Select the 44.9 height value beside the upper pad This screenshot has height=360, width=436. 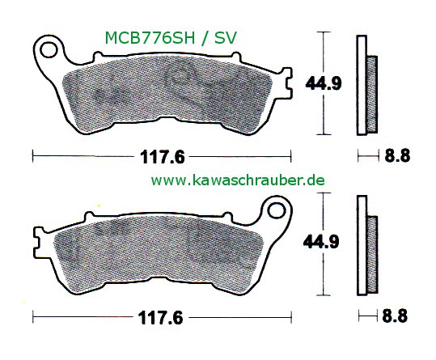pos(320,82)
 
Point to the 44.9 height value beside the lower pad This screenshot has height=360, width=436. pos(320,240)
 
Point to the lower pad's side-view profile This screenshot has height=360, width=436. pos(366,245)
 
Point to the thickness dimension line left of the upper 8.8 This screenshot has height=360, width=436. pos(366,154)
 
